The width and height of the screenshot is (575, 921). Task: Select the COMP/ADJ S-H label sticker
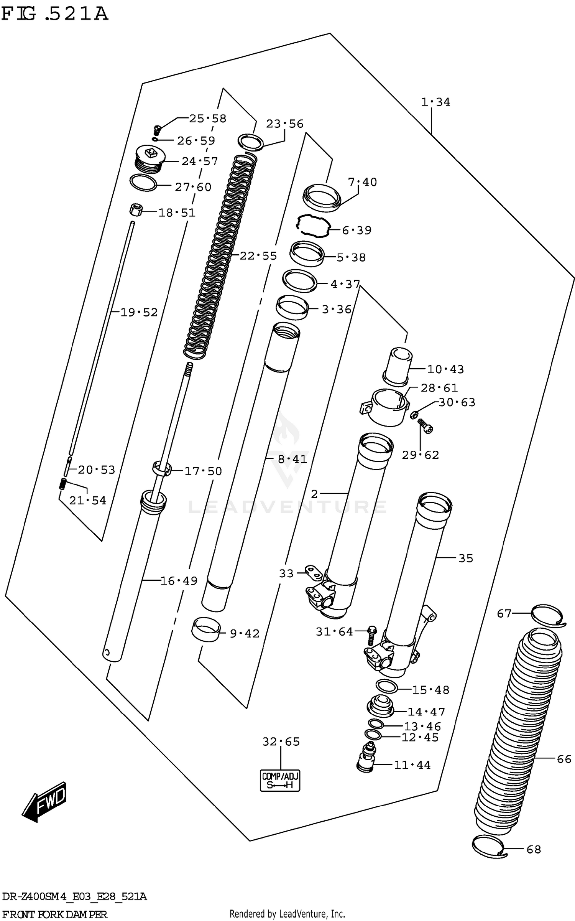click(280, 780)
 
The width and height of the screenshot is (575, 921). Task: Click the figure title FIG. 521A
click(54, 15)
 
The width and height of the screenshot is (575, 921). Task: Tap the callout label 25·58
click(207, 119)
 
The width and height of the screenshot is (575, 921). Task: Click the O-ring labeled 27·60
click(143, 183)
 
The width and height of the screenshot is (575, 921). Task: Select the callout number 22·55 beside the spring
click(258, 256)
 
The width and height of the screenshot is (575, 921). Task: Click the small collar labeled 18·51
click(135, 210)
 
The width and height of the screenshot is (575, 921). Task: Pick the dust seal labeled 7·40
click(322, 198)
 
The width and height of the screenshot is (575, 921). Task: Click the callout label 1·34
click(435, 102)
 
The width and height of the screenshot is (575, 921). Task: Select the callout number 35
click(466, 558)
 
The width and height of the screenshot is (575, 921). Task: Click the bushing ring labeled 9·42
click(206, 629)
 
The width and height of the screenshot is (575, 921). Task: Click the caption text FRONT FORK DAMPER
click(54, 914)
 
